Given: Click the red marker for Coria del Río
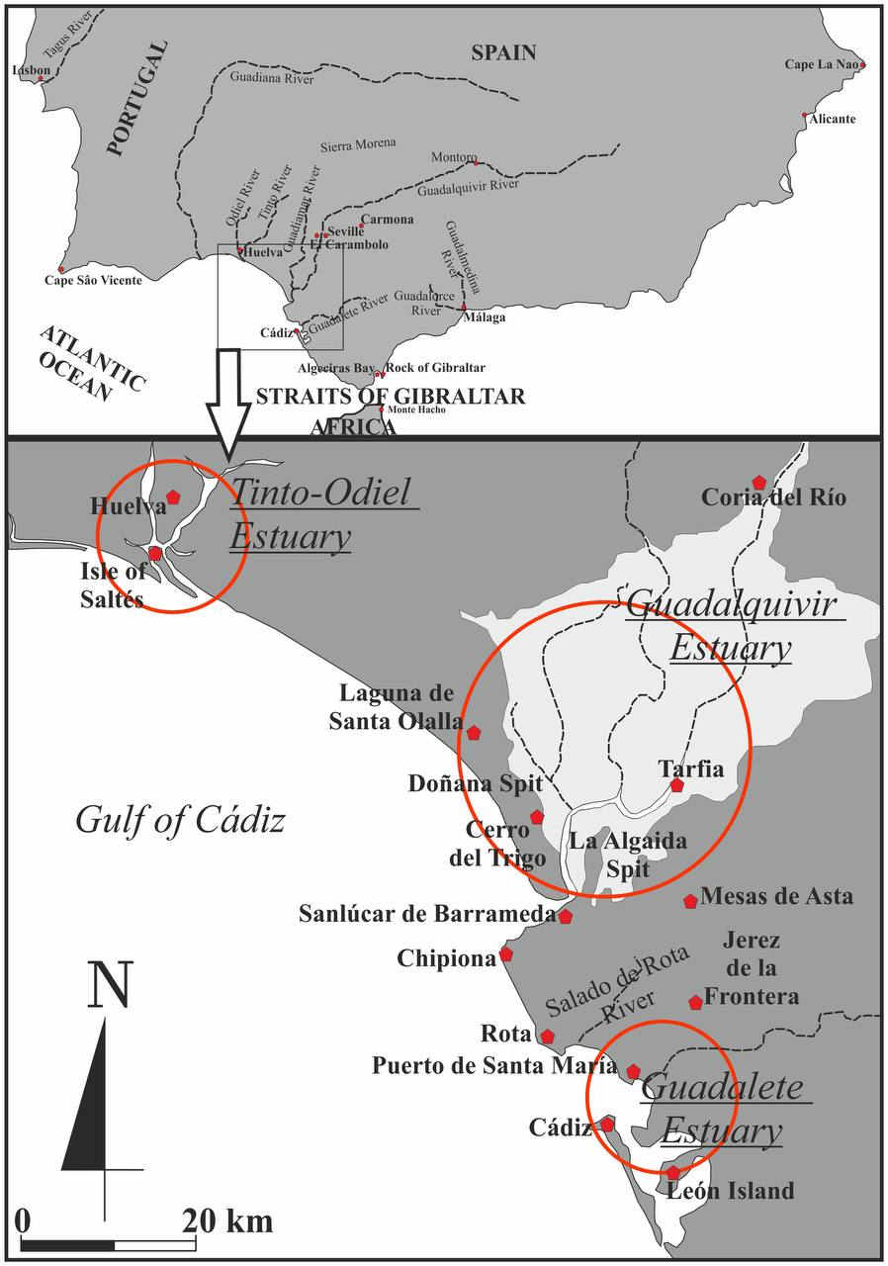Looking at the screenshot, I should point(758,482).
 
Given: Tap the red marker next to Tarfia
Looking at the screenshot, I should point(676,784).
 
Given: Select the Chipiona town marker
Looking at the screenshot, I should point(506,954).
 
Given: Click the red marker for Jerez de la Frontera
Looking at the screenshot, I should point(695,1002).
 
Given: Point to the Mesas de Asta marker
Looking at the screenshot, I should point(690,900).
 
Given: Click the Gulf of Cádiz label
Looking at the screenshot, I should point(180,820).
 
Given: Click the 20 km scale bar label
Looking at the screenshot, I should point(226,1221).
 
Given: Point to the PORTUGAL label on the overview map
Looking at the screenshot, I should point(138,100).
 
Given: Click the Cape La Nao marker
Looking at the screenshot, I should point(862,65).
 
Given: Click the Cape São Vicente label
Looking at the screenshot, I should point(93,281).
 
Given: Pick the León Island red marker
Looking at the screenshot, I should point(672,1172).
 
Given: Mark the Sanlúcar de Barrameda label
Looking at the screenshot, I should point(427,915).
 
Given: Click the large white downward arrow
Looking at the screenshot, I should point(229,401).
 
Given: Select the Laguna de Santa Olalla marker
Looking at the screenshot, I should point(474,732).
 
